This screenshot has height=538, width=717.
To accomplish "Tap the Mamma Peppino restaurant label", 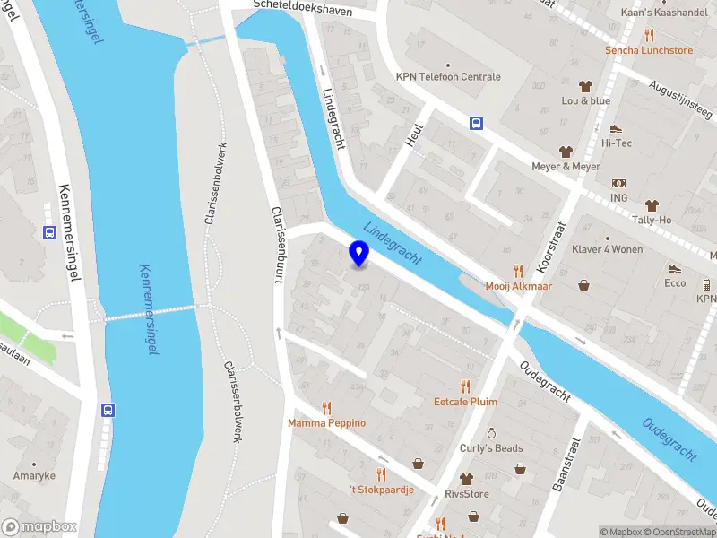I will [x=326, y=422].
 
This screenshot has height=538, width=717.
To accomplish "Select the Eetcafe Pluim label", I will [x=465, y=402].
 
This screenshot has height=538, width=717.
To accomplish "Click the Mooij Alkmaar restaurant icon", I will [x=517, y=271].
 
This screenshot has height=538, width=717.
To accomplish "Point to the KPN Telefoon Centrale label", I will [x=448, y=77].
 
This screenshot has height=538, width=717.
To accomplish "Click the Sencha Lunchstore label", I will [x=649, y=50].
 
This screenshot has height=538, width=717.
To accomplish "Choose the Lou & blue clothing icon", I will [x=586, y=86].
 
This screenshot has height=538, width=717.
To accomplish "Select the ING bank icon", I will [x=619, y=183].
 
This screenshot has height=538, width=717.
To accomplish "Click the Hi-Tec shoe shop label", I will [x=616, y=142].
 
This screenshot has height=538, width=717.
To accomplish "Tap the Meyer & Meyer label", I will [x=566, y=167].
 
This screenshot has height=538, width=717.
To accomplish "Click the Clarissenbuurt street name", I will [x=277, y=247].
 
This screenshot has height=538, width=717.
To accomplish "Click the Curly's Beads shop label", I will [x=491, y=447].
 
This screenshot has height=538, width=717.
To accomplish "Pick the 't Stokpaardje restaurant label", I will [x=381, y=489].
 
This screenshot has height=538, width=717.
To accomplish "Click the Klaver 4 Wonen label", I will [x=609, y=249].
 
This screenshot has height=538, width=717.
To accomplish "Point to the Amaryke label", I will [x=34, y=475].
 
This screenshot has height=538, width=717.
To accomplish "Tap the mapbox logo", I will [x=39, y=526].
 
